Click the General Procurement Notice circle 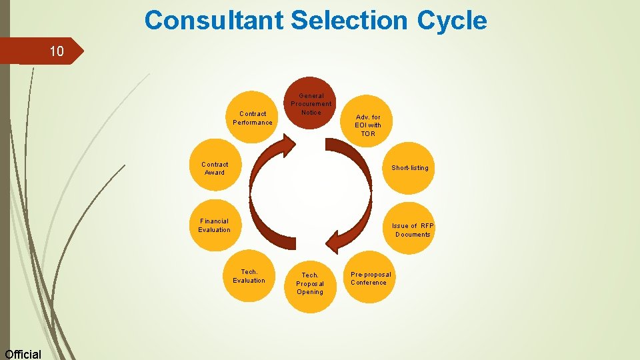pyautogui.click(x=311, y=103)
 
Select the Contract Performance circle pyautogui.click(x=253, y=118)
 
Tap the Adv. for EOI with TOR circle pyautogui.click(x=368, y=125)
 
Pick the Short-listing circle pyautogui.click(x=409, y=167)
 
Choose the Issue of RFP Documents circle pyautogui.click(x=412, y=229)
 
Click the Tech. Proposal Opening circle pyautogui.click(x=310, y=283)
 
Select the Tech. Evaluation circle pyautogui.click(x=249, y=276)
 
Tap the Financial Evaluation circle pyautogui.click(x=214, y=225)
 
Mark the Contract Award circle pyautogui.click(x=215, y=168)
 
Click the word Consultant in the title pyautogui.click(x=215, y=21)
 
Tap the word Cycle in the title pyautogui.click(x=452, y=21)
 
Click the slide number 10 pyautogui.click(x=57, y=51)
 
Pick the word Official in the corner pyautogui.click(x=23, y=354)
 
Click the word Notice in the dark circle pyautogui.click(x=311, y=112)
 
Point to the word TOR pyautogui.click(x=368, y=134)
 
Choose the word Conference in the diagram pyautogui.click(x=369, y=283)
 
